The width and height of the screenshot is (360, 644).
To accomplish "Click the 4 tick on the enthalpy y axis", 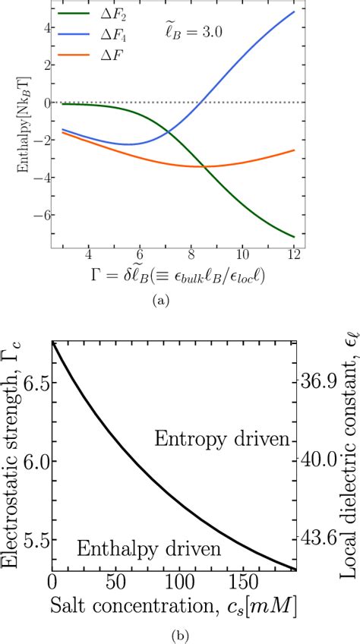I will click(48, 28).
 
